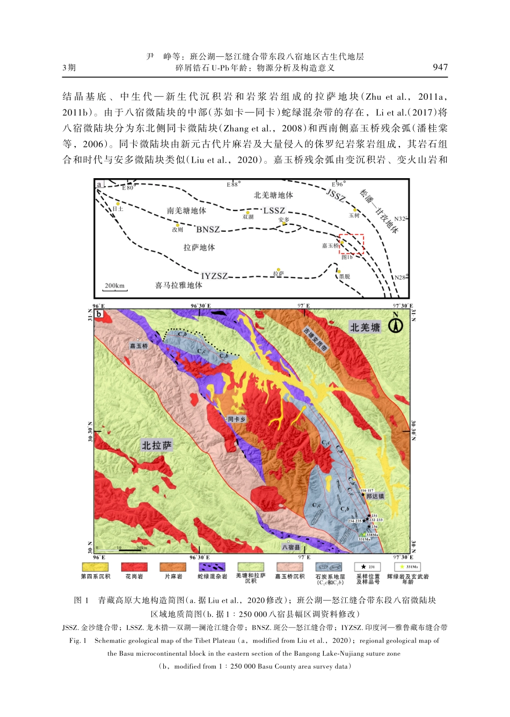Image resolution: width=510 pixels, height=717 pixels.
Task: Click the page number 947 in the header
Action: [440, 67]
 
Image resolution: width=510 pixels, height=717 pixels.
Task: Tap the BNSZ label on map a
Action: [208, 229]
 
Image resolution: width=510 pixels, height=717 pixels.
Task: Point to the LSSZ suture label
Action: [274, 210]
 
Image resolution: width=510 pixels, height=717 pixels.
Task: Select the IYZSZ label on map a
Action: [214, 276]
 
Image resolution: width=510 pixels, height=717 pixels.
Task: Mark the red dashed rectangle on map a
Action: [352, 244]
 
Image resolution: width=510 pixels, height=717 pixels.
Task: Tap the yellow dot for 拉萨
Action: [278, 269]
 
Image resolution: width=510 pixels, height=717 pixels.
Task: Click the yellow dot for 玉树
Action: [355, 210]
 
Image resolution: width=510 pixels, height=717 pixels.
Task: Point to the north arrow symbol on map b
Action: [396, 325]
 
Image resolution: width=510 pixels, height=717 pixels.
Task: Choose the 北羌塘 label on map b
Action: [365, 327]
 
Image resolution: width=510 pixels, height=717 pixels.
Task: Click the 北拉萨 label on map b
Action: [157, 445]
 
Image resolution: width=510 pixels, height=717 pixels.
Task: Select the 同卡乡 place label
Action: [236, 419]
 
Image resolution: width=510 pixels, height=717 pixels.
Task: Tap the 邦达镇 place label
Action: [375, 496]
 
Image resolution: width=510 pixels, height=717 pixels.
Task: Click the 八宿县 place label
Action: [291, 547]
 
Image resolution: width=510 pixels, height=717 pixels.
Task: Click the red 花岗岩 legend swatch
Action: [134, 567]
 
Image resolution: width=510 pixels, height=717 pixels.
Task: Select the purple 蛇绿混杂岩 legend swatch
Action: [212, 567]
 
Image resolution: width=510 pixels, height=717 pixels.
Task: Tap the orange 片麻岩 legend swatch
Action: [173, 567]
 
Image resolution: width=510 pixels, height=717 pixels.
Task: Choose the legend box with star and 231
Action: [368, 567]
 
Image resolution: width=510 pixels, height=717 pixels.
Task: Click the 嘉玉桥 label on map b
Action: [139, 346]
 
